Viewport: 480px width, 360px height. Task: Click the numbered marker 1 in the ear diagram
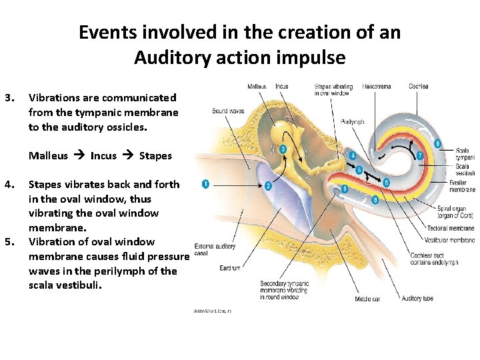(205, 183)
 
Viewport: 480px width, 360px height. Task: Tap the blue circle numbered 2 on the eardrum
(268, 186)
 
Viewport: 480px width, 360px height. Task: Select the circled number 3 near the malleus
(283, 149)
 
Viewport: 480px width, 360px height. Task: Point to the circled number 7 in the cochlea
(419, 156)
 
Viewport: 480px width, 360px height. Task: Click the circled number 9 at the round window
(345, 189)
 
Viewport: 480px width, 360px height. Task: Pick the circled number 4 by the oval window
(353, 156)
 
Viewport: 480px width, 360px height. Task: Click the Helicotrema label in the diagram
(377, 87)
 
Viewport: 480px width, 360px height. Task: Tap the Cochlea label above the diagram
(419, 87)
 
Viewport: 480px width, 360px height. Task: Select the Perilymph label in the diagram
(351, 122)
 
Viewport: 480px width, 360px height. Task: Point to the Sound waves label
(228, 111)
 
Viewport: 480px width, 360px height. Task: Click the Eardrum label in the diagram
(230, 268)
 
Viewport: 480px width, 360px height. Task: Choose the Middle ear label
(367, 299)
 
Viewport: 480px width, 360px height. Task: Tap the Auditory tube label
(417, 299)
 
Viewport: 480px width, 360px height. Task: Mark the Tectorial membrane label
(451, 229)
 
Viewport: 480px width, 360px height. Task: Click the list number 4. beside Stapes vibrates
(8, 184)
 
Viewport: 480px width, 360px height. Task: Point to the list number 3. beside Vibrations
(8, 98)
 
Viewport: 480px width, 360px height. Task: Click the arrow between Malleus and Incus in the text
(79, 156)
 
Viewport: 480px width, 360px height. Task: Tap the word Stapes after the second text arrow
(155, 156)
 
